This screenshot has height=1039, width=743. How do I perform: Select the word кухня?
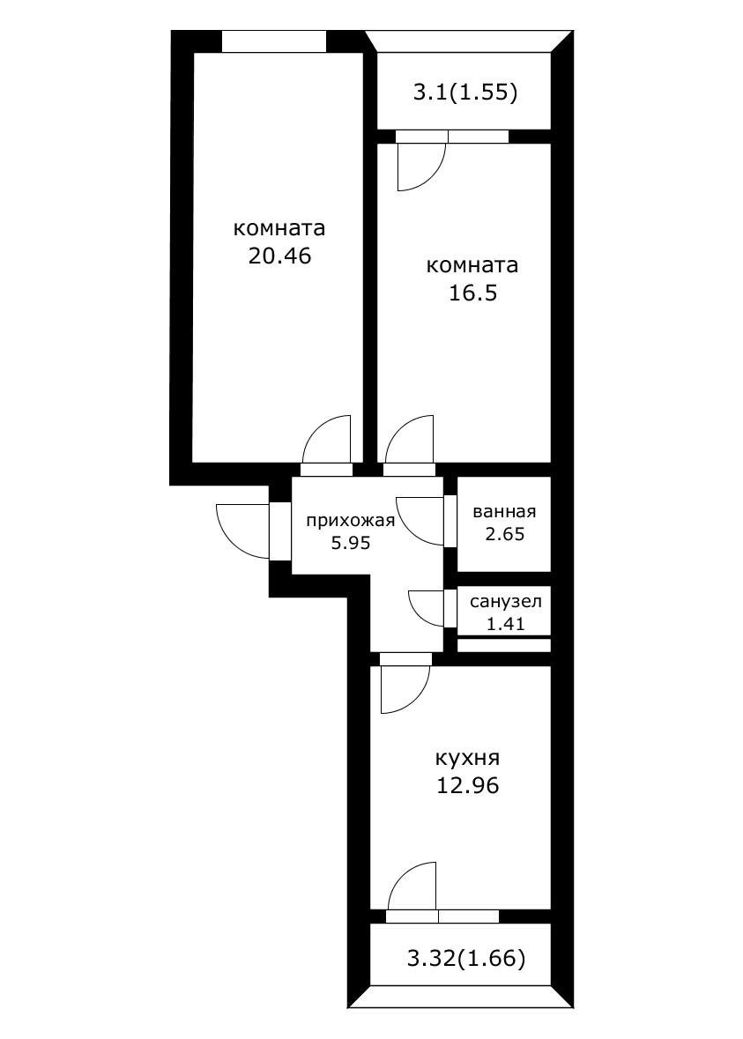tap(467, 758)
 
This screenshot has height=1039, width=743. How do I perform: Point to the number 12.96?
tap(467, 785)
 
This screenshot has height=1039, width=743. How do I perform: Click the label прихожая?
tap(350, 520)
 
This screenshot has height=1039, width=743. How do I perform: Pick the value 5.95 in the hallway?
tap(350, 543)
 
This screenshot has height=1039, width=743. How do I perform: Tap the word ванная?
tap(504, 511)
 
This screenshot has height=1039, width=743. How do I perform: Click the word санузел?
tap(504, 603)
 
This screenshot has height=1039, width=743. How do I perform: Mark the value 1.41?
tap(504, 624)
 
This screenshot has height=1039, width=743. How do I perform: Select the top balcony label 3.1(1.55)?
tap(464, 92)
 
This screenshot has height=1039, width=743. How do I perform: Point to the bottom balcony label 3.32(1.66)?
tap(466, 958)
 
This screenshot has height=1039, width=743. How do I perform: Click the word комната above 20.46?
tap(279, 228)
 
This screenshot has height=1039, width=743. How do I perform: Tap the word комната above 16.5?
tap(472, 265)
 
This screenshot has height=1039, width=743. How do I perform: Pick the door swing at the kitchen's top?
tap(404, 687)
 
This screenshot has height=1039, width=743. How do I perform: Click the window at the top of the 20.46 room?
tap(273, 41)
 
